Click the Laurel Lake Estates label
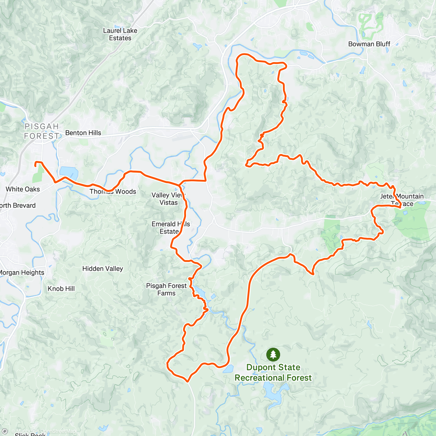point(120,34)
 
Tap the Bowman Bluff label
point(369,44)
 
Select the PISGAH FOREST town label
point(41,131)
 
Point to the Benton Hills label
point(83,133)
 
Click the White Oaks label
point(23,189)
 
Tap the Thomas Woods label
point(113,191)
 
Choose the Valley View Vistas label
point(168,199)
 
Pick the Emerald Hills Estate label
point(170,227)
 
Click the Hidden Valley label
point(102,269)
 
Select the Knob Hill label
point(61,288)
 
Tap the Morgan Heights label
point(22,272)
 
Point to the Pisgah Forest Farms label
point(166,289)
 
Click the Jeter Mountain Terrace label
point(402,200)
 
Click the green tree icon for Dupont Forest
point(273,354)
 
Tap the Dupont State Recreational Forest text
point(273,372)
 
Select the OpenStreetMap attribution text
point(58,431)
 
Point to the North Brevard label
point(17,205)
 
